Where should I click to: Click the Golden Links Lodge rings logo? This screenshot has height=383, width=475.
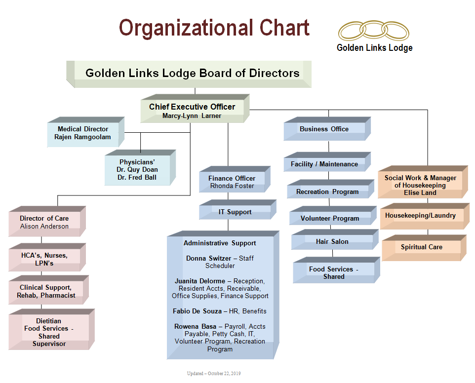pos(374,31)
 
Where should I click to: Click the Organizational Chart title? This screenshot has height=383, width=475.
pos(214,28)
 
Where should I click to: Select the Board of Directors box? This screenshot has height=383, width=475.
pos(192,74)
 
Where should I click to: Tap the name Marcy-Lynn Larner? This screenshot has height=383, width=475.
pos(192,116)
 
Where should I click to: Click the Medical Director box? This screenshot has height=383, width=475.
pos(82,133)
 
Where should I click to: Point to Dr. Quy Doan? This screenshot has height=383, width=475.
pos(137,169)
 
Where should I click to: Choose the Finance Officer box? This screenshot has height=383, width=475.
pos(232,182)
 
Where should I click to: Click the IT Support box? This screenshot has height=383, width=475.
pos(235,212)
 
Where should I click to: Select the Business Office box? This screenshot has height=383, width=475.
pos(324,129)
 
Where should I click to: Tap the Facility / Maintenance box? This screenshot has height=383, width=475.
pos(324,164)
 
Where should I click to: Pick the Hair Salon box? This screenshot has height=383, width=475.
pos(332,241)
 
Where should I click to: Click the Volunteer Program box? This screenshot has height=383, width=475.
pos(330,218)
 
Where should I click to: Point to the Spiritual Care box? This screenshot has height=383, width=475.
pos(421,247)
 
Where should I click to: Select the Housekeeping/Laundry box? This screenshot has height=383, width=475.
pos(420,216)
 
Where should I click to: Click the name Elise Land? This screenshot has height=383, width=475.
pos(420,192)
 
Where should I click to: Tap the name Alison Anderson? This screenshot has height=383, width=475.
pos(44,226)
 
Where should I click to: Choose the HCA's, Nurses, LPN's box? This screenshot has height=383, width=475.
pos(44,259)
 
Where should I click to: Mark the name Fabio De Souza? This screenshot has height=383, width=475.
pos(198,311)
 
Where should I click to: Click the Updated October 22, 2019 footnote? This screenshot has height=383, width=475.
pos(214,374)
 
